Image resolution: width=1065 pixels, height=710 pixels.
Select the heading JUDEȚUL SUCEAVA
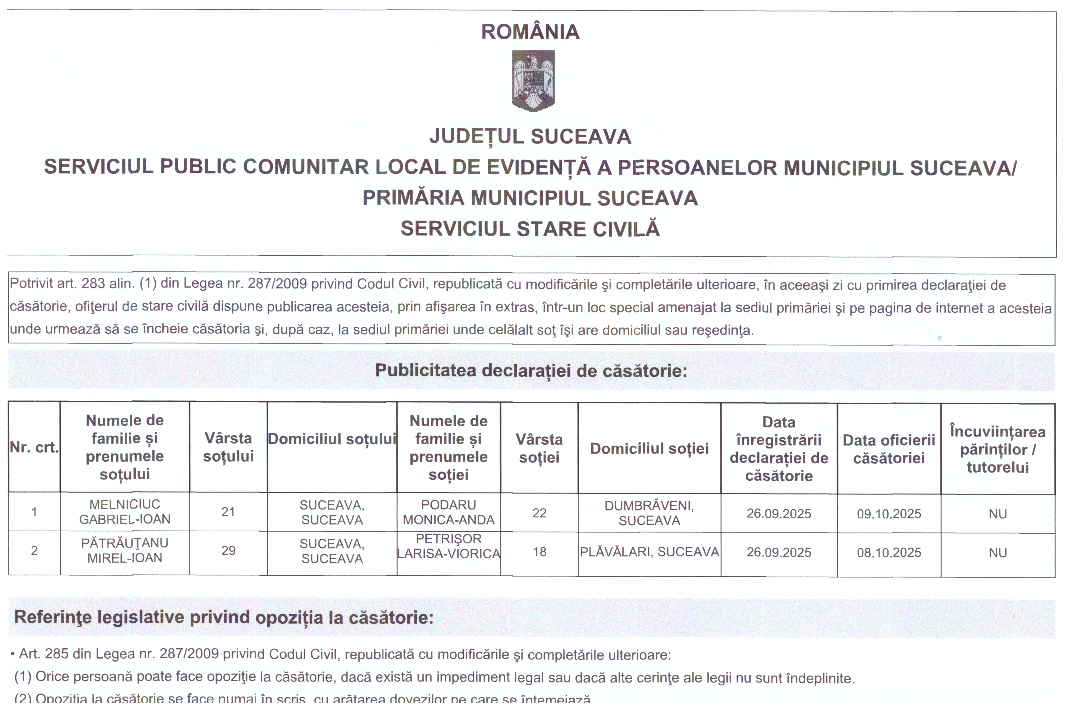530,136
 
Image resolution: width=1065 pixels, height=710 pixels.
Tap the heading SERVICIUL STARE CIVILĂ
530,229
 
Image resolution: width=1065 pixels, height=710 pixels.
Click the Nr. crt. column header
35,447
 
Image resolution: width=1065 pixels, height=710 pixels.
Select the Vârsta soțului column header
228,447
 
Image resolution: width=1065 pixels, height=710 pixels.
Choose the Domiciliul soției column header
649,448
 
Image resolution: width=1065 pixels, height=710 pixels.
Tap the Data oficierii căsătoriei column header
888,449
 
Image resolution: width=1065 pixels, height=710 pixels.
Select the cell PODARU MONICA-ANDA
448,512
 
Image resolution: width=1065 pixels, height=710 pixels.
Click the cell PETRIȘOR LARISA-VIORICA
448,546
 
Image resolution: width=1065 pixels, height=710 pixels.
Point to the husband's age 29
228,551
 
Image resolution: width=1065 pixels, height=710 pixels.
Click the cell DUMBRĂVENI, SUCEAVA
649,513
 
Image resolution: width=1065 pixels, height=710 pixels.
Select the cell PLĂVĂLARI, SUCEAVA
649,552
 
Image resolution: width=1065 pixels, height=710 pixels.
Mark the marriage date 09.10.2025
888,514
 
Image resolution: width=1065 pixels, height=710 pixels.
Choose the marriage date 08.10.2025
888,552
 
